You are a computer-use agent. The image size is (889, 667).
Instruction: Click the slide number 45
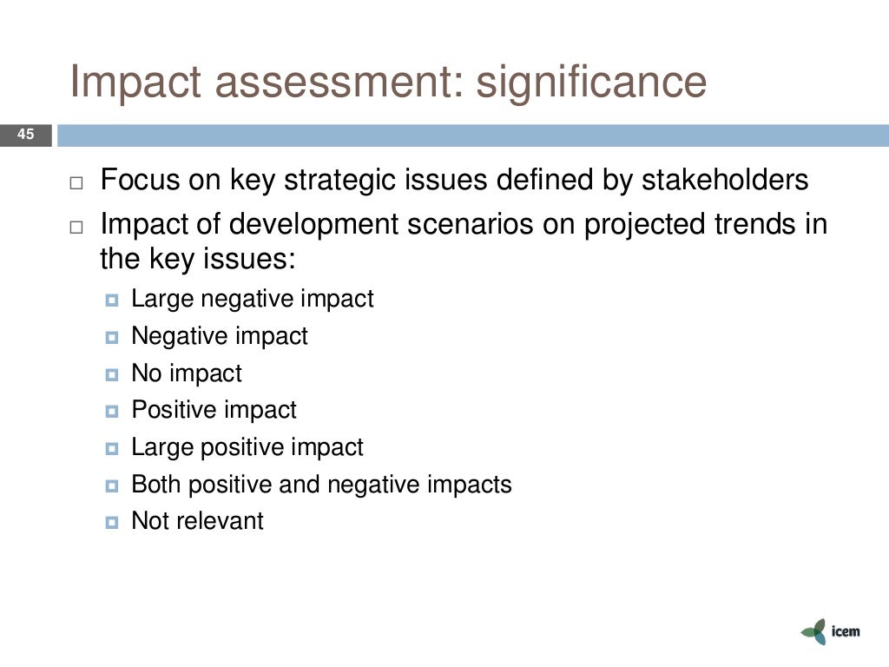pos(25,135)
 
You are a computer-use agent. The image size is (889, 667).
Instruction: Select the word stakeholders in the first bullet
pos(725,181)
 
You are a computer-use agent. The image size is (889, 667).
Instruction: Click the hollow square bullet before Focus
pos(76,184)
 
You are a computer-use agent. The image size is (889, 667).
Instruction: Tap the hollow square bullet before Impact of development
pos(76,228)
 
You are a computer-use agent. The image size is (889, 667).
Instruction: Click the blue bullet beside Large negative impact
pos(111,301)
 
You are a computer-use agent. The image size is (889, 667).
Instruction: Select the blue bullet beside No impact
pos(111,376)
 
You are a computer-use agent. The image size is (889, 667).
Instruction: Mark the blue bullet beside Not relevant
pos(111,524)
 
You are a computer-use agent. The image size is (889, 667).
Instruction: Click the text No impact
pos(187,373)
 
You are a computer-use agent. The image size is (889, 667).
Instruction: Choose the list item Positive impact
pos(214,410)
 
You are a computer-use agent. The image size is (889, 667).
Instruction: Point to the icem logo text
pos(845,631)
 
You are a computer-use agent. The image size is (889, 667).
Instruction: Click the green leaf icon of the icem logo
pos(814,631)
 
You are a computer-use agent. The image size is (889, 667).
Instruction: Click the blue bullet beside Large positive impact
pos(111,450)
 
